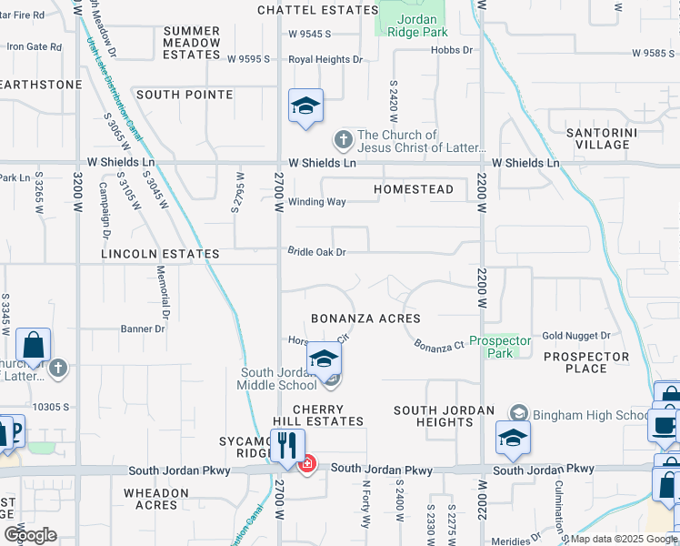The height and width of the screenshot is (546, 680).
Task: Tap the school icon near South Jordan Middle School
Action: pos(323,359)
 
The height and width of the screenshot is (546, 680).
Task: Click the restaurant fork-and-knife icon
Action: pos(288,446)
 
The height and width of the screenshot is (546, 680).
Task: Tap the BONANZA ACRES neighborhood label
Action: pos(365,318)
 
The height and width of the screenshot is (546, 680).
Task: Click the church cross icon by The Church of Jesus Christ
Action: pos(343,140)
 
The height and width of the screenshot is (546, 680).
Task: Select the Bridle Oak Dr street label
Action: pos(316,252)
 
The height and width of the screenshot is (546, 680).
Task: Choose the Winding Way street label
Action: pos(316,202)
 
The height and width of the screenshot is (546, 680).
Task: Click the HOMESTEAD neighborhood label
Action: pos(414,189)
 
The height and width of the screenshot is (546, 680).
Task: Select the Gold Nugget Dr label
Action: pos(578,336)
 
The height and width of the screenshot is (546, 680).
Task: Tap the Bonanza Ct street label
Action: pos(440,346)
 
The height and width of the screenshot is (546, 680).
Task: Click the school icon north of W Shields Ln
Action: pos(306,106)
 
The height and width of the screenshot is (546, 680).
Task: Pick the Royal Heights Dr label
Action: pos(325,59)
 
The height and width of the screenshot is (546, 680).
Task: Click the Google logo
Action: pos(30,534)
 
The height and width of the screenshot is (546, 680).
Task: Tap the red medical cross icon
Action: pos(307,464)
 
